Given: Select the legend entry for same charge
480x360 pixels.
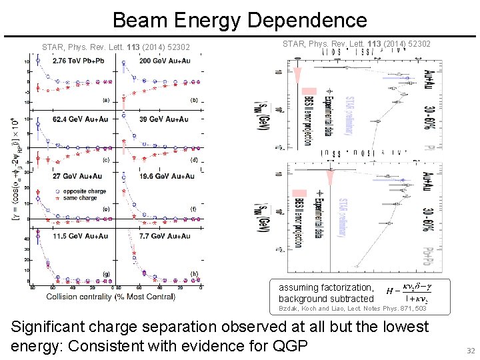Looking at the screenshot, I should point(80,198).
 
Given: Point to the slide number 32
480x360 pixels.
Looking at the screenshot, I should point(470,351).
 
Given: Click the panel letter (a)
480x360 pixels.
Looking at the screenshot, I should point(106,101).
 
